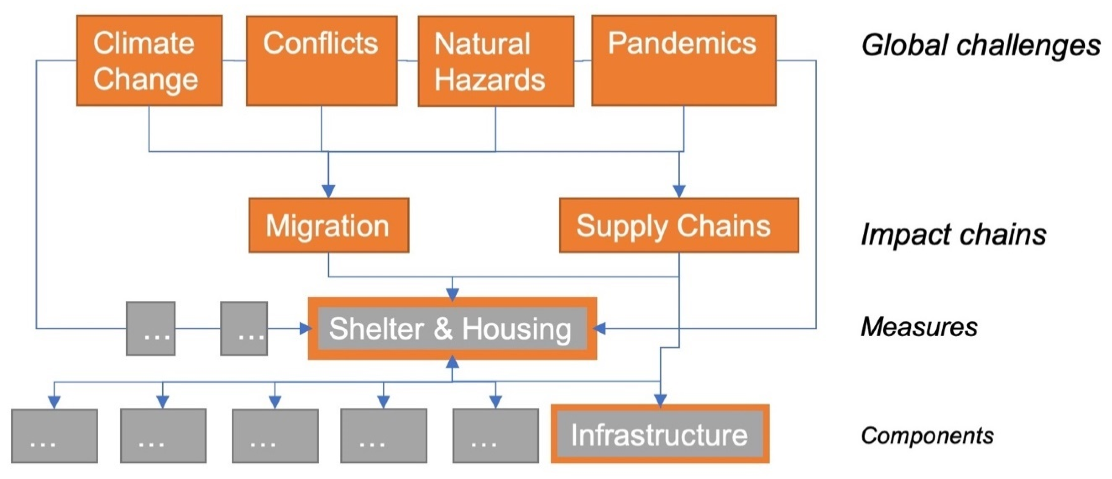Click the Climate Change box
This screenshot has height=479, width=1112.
(x=149, y=61)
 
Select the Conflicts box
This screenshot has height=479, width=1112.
(x=321, y=61)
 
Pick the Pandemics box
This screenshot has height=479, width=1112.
(x=683, y=61)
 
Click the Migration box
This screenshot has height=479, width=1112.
(x=329, y=225)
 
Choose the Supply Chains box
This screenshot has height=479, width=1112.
(x=679, y=225)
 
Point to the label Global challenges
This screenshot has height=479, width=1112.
(x=980, y=45)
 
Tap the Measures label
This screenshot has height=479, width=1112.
(x=919, y=327)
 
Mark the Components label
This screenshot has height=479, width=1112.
(x=927, y=435)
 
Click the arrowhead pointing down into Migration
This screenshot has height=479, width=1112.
(x=329, y=191)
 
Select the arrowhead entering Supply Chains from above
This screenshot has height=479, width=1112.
(x=679, y=191)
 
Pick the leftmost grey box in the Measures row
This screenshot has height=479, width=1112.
(x=151, y=329)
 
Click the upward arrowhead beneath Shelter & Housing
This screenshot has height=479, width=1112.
(x=452, y=362)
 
